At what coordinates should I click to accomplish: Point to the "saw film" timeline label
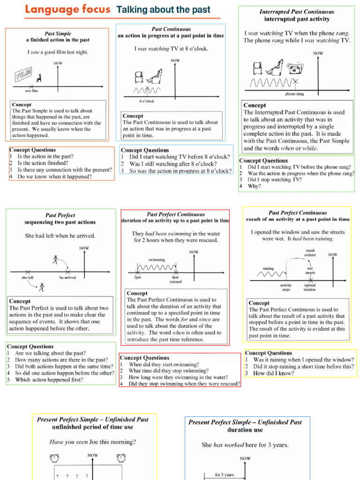coord(32,91)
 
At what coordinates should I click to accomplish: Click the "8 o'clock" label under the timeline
coord(147,101)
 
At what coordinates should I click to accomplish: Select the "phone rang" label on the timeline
coord(294,94)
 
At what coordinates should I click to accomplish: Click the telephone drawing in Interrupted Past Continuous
coord(294,69)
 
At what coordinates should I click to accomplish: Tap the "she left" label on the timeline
coord(28,277)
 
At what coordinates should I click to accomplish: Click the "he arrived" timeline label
coord(67,277)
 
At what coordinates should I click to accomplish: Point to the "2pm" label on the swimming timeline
coord(137,277)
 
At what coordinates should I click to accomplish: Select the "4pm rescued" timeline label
coord(176,279)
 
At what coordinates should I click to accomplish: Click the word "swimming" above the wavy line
coord(157,259)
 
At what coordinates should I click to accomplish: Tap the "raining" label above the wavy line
coord(268,269)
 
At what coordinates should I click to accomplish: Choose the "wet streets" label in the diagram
coord(310,270)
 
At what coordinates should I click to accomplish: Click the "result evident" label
coord(310,253)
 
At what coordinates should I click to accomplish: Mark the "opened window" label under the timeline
coord(310,287)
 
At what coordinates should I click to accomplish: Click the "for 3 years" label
coord(225,474)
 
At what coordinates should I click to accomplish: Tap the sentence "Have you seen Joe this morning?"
coord(93,442)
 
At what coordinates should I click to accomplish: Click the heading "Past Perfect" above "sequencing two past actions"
coord(60,215)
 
